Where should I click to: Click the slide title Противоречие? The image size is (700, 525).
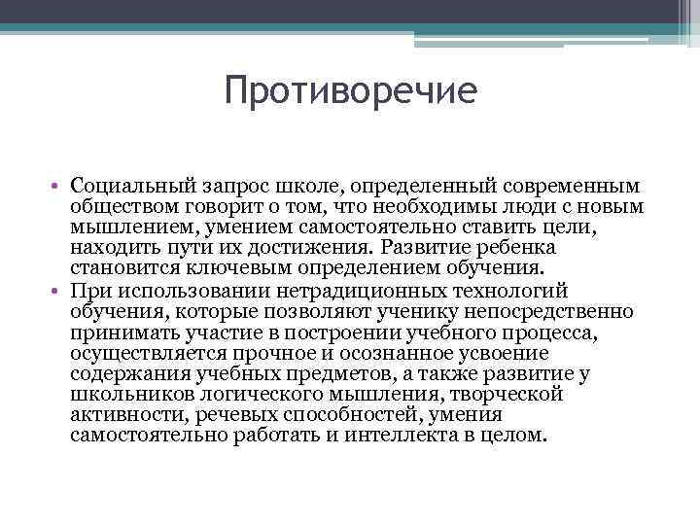350,92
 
